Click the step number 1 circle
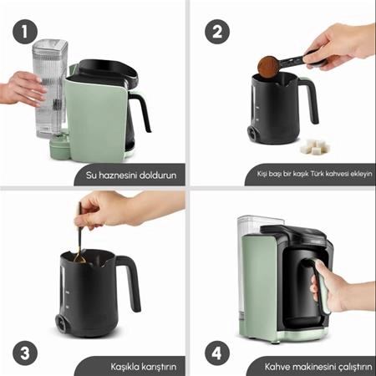(x=25, y=32)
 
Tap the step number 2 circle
(x=217, y=32)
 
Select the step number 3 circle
(x=25, y=353)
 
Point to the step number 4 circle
(x=217, y=353)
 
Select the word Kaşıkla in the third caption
(x=124, y=367)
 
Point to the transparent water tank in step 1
(x=49, y=89)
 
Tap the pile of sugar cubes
(x=315, y=146)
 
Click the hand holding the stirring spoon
(x=123, y=208)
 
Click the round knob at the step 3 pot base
(x=60, y=323)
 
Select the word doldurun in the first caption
(x=158, y=175)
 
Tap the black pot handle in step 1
(x=142, y=111)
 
